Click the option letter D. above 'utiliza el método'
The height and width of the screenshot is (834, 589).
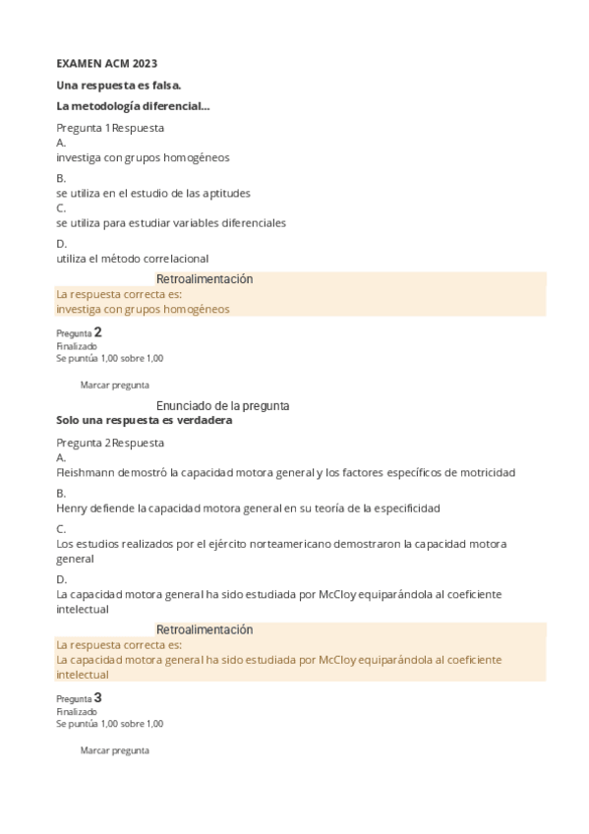[x=61, y=244]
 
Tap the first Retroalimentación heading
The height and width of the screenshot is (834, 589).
[x=205, y=279]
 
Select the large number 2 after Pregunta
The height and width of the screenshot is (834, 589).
[x=97, y=332]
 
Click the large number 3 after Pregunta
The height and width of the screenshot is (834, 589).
[x=97, y=697]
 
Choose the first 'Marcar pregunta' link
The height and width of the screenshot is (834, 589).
[x=114, y=385]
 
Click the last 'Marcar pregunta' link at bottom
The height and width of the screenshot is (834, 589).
[x=114, y=749]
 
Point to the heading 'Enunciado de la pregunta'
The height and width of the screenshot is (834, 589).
[x=222, y=405]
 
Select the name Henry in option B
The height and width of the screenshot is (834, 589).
[x=71, y=507]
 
